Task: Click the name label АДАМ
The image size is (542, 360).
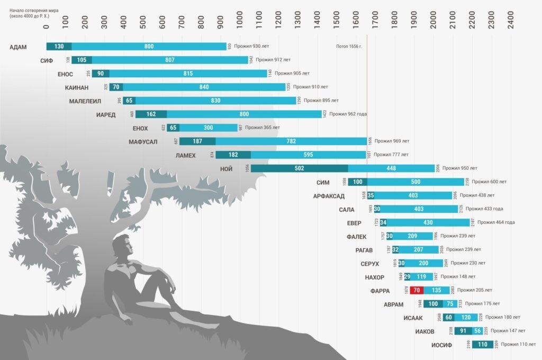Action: pyautogui.click(x=18, y=47)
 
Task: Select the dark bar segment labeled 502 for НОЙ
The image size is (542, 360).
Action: pyautogui.click(x=299, y=168)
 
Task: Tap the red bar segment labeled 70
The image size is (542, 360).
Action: pyautogui.click(x=416, y=290)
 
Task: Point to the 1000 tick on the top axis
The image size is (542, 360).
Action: pyautogui.click(x=240, y=19)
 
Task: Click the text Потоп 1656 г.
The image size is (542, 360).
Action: pyautogui.click(x=349, y=47)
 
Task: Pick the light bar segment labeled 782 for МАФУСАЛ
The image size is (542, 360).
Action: pyautogui.click(x=291, y=141)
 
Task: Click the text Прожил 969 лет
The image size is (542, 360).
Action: pyautogui.click(x=392, y=141)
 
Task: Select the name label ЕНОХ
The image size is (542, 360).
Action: pyautogui.click(x=140, y=128)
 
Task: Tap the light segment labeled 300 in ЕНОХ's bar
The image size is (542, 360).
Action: pyautogui.click(x=202, y=128)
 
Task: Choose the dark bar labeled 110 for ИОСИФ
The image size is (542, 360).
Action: pyautogui.click(x=482, y=345)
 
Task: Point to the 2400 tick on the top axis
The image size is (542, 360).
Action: pyautogui.click(x=510, y=19)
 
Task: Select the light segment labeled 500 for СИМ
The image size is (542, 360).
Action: pyautogui.click(x=415, y=182)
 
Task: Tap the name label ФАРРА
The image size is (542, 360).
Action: pyautogui.click(x=380, y=291)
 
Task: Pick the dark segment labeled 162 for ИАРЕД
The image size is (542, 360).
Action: pyautogui.click(x=151, y=114)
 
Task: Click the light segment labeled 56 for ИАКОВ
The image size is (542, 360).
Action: pyautogui.click(x=477, y=331)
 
